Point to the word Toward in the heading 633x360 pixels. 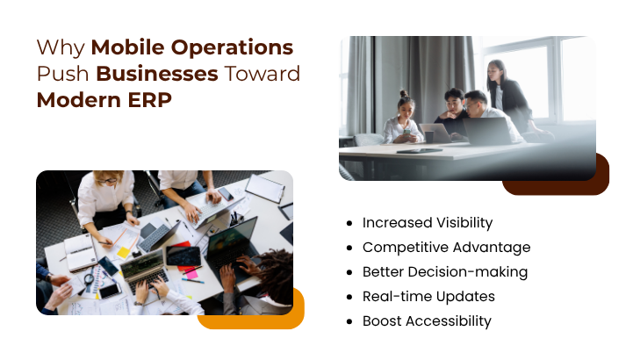(263, 74)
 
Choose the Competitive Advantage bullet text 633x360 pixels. (446, 248)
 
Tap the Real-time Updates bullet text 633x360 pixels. (428, 297)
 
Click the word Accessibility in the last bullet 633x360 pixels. (447, 321)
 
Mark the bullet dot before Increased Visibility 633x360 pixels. (350, 223)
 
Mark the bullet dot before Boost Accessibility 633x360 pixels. (350, 321)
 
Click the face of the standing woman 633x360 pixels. (496, 69)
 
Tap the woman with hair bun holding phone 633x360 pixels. (405, 119)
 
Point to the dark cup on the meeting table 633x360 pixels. (428, 137)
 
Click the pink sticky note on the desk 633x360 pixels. (191, 274)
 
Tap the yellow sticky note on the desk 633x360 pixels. (124, 252)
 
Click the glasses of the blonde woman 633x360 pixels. (108, 179)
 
